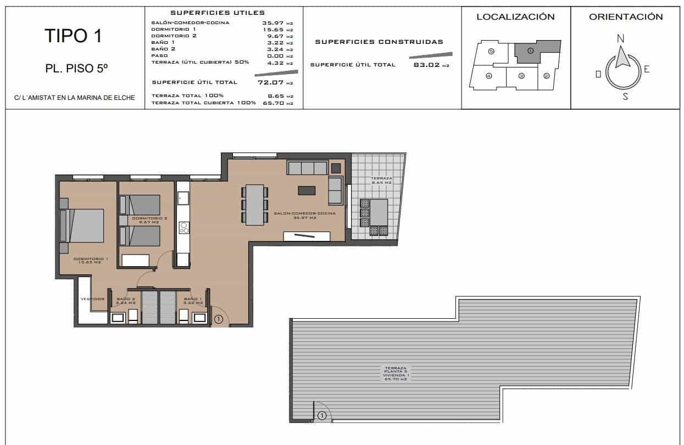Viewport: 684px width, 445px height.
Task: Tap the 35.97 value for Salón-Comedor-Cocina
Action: tap(274, 22)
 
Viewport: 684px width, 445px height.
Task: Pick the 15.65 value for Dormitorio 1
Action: tap(274, 29)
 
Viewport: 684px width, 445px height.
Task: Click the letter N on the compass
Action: tap(621, 38)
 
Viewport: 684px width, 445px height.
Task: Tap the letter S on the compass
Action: tap(625, 97)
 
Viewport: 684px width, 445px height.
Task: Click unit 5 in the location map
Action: tap(491, 51)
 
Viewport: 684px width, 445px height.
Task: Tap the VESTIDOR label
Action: tap(92, 299)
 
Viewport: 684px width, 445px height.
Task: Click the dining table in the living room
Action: tap(254, 205)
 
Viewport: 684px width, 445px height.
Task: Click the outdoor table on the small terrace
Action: tap(379, 212)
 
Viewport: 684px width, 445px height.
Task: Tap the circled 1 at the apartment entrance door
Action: tap(218, 319)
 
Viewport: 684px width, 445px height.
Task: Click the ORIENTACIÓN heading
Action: tap(626, 17)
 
